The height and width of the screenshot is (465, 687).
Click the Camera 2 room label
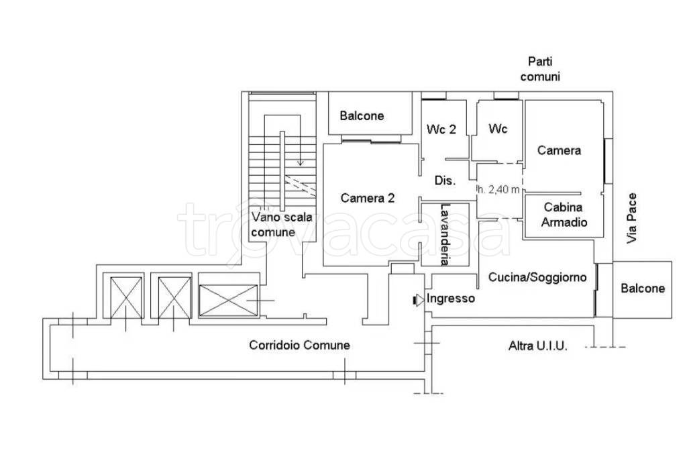coord(368,198)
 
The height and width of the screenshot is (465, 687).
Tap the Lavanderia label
coord(445,235)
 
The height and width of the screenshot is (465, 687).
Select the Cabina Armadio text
coord(564,214)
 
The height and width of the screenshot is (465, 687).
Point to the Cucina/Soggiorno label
coord(537,277)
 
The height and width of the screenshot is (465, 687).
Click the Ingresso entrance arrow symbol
coord(419,300)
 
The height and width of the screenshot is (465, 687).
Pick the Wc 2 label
coord(441,130)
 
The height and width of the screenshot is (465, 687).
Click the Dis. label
coord(445,180)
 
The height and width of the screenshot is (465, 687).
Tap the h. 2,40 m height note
coord(498,189)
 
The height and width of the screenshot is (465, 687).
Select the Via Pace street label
coord(631,218)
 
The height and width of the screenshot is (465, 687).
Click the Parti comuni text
coord(540,69)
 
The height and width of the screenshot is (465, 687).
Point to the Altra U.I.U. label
coord(537,346)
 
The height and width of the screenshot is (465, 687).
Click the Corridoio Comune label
coord(299,345)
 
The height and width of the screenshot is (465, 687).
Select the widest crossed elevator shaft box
coord(228,300)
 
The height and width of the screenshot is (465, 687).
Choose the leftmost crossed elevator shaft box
coord(126,297)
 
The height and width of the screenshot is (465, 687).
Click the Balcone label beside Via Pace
coord(643,289)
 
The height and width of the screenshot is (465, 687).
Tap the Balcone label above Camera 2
coord(362,115)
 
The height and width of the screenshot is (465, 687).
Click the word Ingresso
coord(450,299)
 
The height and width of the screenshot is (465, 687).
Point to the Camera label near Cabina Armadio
coord(559,150)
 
